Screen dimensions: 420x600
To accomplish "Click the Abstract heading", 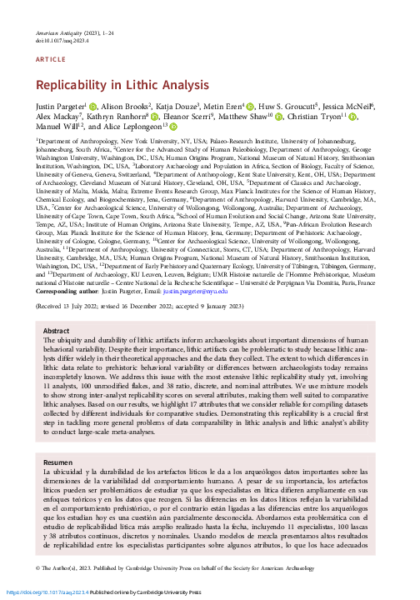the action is point(55,354).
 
